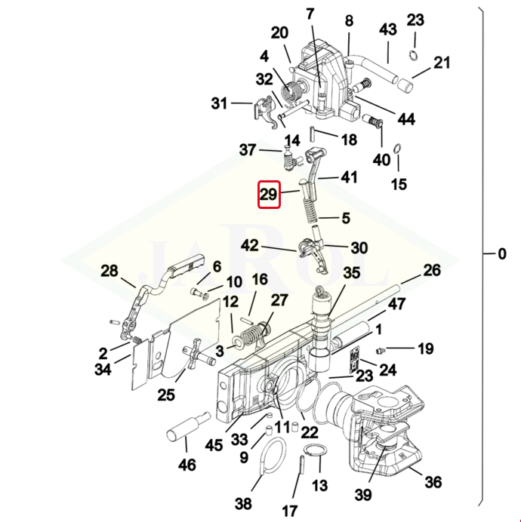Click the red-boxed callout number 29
pos(269,195)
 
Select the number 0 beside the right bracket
pos(502,254)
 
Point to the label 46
pos(187,464)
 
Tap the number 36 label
pos(433,482)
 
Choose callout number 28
pos(109,272)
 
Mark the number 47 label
pos(397,304)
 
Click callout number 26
pos(432,269)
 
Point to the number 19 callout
pos(426,349)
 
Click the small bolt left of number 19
pos(381,350)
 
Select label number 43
pos(388,29)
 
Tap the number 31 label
pos(219,103)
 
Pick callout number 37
pos(248,150)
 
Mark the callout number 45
pos(214,445)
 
